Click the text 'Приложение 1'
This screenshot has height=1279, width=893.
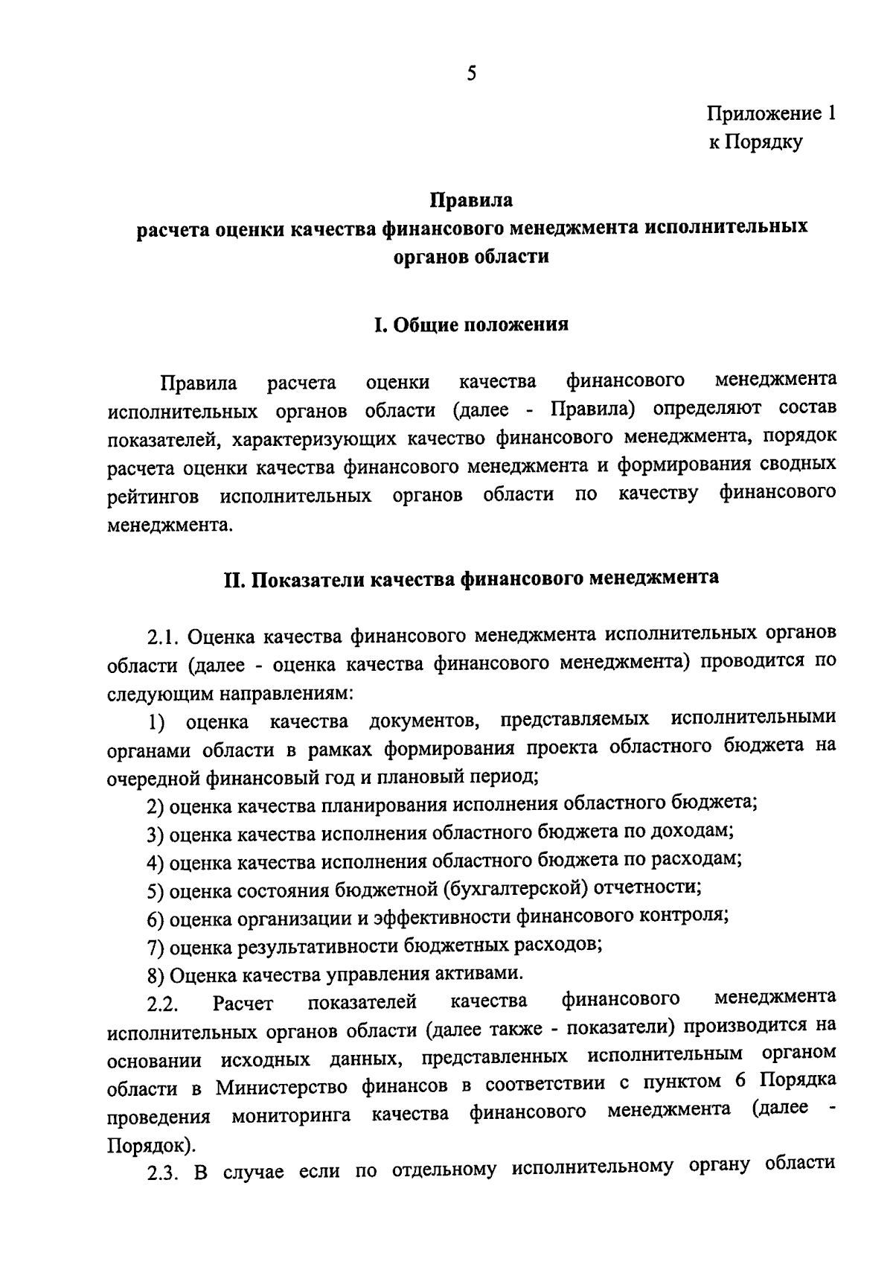coord(771,114)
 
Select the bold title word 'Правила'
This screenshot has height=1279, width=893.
coord(471,200)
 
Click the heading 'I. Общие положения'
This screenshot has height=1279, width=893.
coord(471,325)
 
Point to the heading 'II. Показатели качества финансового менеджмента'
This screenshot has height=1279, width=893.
coord(471,578)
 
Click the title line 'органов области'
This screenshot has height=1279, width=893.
coord(471,257)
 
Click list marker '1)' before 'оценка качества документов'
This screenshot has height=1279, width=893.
coord(155,721)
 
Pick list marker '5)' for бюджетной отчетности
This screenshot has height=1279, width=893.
coord(155,890)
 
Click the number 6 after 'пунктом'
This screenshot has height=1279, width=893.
coord(739,1081)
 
